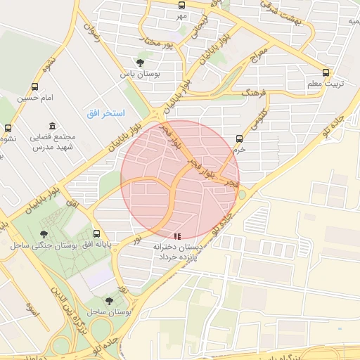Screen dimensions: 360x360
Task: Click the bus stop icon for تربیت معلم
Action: point(326,72)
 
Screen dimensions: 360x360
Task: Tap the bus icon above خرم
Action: point(240,139)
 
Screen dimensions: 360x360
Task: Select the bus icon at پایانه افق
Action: point(96,233)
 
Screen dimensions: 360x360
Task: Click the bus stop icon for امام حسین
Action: point(35,86)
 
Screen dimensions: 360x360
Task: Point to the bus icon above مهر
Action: point(182,5)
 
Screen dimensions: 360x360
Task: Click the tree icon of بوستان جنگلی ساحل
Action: point(44,234)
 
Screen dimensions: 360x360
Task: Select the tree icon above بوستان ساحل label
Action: point(108,300)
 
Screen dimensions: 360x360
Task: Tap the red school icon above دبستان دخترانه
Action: point(178,237)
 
